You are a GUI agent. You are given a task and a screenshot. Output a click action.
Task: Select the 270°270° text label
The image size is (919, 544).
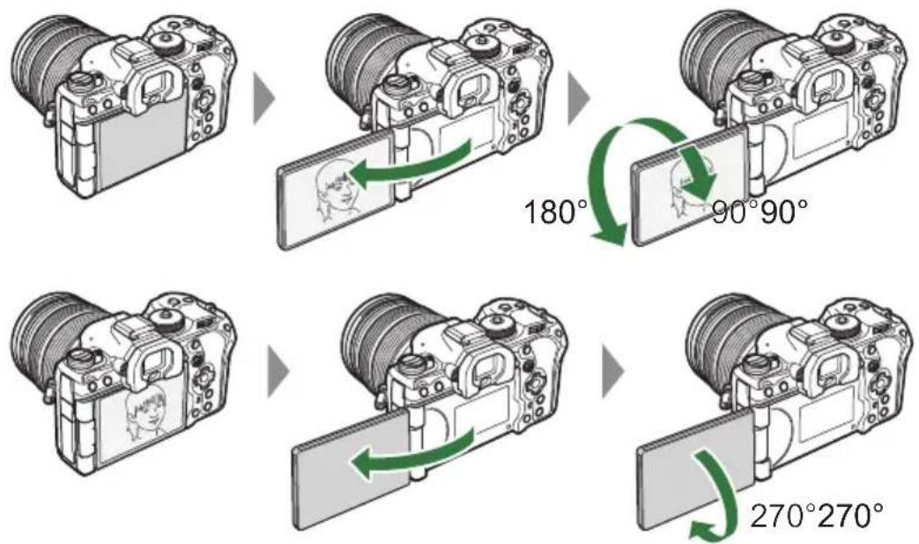click(814, 514)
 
